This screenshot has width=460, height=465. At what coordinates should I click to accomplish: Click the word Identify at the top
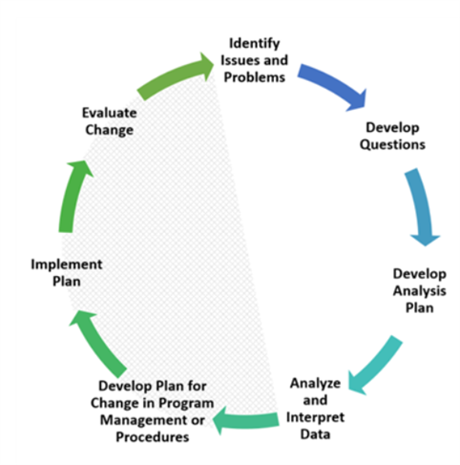pos(255,44)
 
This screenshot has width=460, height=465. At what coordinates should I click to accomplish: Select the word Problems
pos(255,77)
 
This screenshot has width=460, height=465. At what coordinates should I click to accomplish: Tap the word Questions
pos(392,145)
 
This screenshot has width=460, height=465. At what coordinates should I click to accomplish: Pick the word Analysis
pos(420,291)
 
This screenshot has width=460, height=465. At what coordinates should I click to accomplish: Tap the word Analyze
pos(315,384)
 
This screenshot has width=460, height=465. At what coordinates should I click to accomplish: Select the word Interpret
pos(315,417)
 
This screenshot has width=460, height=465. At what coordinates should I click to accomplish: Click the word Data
pos(315,434)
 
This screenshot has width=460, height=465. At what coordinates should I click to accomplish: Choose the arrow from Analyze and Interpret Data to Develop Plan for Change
pos(246,420)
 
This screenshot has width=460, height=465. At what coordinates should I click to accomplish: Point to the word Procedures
pos(153,437)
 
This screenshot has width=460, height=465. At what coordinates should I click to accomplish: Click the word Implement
pos(67,264)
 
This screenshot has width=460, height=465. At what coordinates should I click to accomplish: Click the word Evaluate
pos(110,113)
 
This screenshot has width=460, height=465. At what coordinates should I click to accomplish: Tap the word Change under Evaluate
pos(110,131)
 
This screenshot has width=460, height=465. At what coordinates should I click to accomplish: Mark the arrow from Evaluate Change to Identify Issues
pos(174,74)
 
